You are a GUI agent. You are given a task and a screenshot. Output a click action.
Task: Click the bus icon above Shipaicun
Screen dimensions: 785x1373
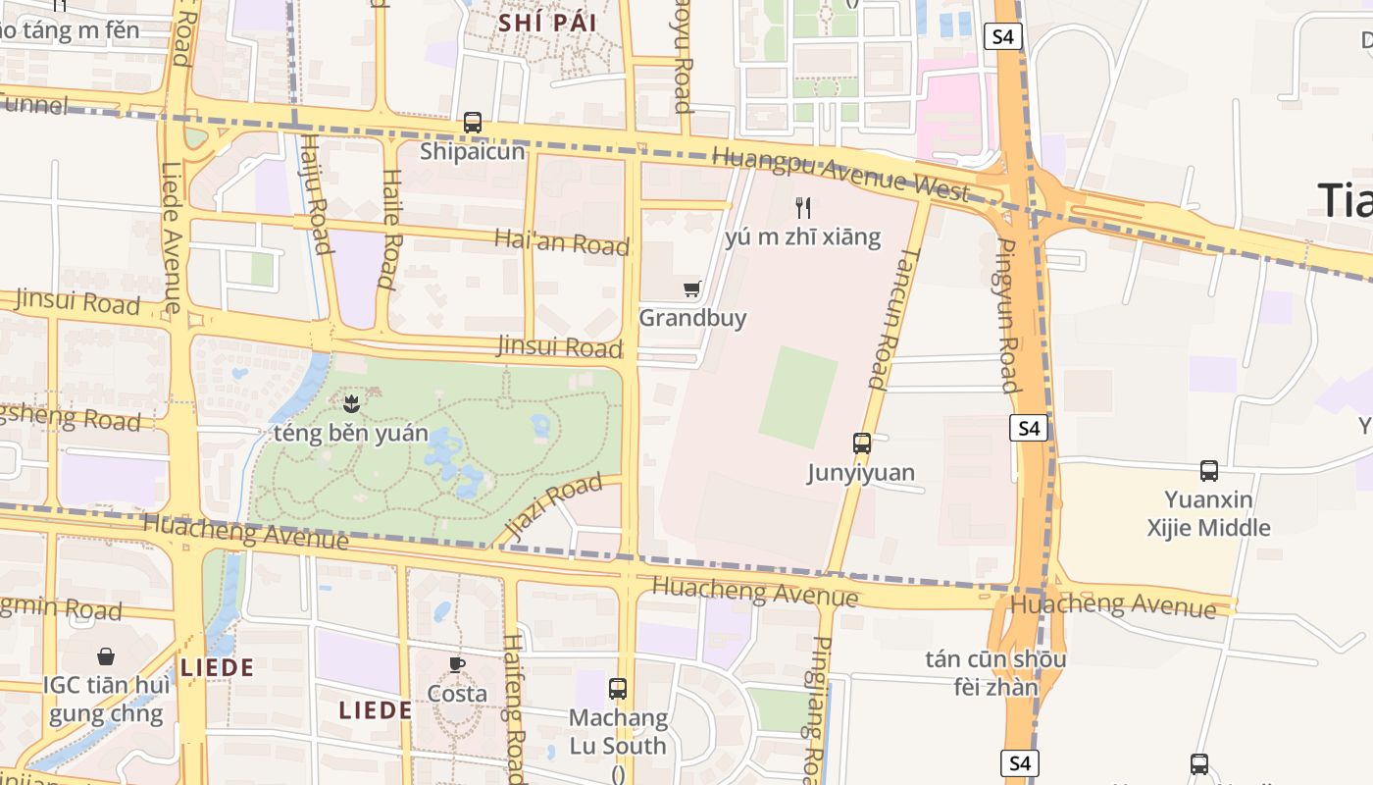pos(473,123)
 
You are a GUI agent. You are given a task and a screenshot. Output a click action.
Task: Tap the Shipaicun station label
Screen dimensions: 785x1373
pos(473,152)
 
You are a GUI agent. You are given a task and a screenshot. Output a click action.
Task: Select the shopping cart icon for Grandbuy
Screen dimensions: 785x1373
pos(692,288)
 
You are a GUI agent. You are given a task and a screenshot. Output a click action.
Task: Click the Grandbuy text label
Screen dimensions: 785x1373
pos(692,318)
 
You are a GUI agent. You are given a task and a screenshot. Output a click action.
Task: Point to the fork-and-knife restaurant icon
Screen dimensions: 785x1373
pos(803,207)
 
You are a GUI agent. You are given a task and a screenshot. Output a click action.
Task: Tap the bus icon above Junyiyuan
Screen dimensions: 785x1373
pos(862,444)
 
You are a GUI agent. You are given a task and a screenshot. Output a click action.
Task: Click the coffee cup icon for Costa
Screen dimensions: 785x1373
pos(457,664)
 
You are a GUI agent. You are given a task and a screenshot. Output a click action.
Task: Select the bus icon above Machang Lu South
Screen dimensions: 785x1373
pos(618,689)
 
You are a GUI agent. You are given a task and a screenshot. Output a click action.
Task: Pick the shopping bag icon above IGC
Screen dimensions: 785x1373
pos(106,656)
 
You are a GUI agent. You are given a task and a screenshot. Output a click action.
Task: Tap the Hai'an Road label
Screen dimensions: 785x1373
pos(561,241)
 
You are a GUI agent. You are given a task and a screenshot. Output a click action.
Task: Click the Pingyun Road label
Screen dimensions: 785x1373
pos(1007,314)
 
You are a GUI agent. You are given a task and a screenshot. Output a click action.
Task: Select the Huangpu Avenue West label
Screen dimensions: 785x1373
pos(840,174)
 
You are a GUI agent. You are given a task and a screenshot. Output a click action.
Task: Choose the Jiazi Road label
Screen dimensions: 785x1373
pos(554,507)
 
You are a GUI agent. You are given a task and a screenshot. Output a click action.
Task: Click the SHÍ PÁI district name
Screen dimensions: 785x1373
pos(547,23)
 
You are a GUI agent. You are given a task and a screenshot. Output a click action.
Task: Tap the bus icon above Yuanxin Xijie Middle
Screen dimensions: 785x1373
pos(1209,471)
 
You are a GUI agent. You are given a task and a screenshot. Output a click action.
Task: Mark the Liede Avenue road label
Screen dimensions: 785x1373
pos(172,238)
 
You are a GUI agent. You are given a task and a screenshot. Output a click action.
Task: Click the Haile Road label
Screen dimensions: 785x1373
pos(390,229)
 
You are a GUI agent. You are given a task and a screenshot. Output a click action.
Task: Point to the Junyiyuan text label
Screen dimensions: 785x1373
pos(861,473)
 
